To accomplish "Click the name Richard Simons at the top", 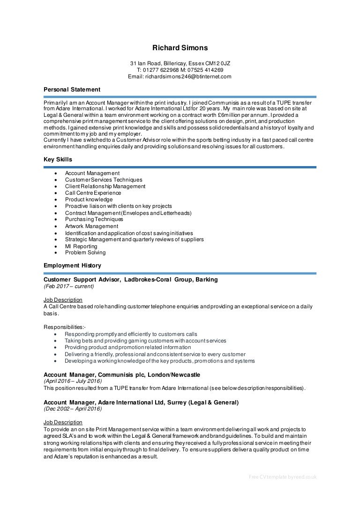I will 180,48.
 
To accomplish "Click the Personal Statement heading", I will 72,90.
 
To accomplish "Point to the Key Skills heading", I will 58,160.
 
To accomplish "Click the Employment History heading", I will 72,266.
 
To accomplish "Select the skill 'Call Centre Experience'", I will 93,193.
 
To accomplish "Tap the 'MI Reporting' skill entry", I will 81,246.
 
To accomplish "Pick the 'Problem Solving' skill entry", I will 85,252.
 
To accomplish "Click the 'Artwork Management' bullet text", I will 91,226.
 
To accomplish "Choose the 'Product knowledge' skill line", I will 89,199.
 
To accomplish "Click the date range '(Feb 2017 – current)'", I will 69,286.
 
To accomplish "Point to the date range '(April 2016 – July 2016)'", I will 73,381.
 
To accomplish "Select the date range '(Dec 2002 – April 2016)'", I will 73,409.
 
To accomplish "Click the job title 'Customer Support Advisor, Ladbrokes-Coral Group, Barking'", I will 131,280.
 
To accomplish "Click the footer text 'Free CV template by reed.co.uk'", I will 283,477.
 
